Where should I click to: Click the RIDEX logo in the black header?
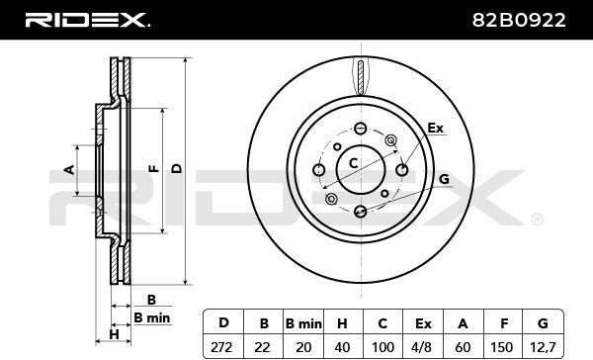87,20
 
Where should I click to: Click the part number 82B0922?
519,20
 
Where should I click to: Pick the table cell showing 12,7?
543,347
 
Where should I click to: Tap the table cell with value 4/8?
423,347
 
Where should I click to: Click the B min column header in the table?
303,323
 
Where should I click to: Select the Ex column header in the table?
423,323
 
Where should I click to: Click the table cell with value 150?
503,347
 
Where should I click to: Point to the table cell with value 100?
382,347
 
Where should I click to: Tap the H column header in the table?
343,323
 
